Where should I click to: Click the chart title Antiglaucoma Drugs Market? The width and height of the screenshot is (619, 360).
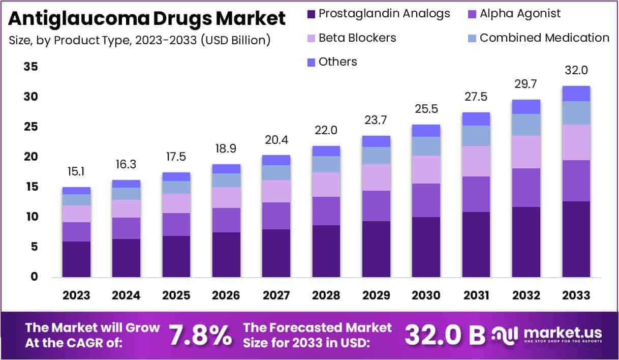(x=147, y=19)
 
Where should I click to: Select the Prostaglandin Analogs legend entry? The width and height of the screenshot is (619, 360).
(x=379, y=14)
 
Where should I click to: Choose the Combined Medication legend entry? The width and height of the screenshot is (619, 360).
(x=538, y=38)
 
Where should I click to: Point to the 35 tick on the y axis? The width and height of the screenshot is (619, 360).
(x=30, y=67)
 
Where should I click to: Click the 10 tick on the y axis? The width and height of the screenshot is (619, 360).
(x=30, y=217)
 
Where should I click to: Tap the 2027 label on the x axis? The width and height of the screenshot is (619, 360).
(x=275, y=295)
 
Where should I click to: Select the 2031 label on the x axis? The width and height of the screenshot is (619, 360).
(x=476, y=295)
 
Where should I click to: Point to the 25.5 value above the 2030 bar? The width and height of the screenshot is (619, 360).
(x=426, y=109)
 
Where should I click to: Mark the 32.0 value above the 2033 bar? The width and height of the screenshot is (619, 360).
(x=576, y=71)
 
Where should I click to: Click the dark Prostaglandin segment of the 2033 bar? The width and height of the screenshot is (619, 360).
(x=576, y=239)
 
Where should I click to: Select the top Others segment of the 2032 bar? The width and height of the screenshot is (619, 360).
(x=526, y=107)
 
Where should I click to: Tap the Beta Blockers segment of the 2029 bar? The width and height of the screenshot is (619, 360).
(x=376, y=177)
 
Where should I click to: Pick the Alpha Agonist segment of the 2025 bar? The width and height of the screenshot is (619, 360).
(x=176, y=224)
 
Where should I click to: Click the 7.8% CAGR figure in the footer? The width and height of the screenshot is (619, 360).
(x=200, y=335)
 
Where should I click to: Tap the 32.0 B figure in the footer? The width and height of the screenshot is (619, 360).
(x=445, y=335)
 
